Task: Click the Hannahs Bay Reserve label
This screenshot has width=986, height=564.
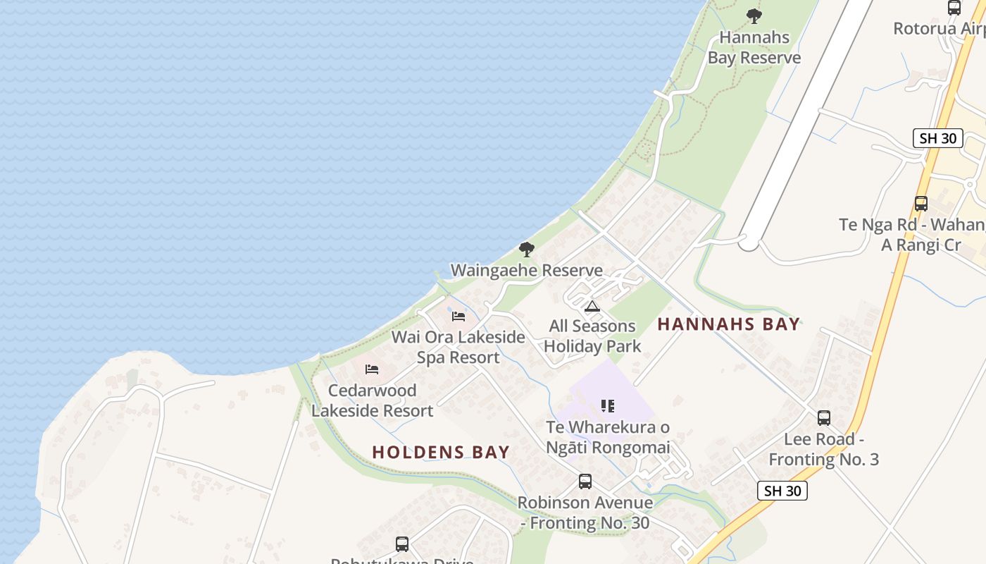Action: [x=754, y=47]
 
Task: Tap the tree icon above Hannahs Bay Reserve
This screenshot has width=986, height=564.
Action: [x=754, y=16]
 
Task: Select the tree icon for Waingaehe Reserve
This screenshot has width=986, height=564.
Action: [x=526, y=249]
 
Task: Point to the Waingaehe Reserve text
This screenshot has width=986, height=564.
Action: [x=526, y=270]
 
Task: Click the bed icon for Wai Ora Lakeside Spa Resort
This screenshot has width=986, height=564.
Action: [x=458, y=317]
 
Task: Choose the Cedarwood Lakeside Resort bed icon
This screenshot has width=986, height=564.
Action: [x=372, y=369]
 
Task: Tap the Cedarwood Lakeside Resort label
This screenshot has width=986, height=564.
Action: [x=372, y=400]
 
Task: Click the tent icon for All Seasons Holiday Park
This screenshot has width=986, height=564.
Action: [x=592, y=307]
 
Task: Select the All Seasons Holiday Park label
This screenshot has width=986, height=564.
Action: [x=592, y=336]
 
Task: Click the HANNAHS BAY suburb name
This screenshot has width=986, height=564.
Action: [x=729, y=324]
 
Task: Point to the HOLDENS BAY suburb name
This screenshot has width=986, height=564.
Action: [x=441, y=453]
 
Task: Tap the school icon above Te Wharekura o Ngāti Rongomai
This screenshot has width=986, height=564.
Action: [x=608, y=406]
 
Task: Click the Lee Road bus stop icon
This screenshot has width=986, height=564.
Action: [x=824, y=418]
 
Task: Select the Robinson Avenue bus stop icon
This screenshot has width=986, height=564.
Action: [x=585, y=482]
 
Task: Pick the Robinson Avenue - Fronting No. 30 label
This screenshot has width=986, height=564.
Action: [x=585, y=513]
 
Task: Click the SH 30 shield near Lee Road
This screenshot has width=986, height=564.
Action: [x=782, y=491]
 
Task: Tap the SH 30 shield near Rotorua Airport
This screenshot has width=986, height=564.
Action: [x=938, y=138]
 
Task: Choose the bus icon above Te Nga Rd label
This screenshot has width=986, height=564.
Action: [x=921, y=204]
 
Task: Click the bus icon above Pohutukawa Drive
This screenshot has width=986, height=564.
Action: [x=402, y=544]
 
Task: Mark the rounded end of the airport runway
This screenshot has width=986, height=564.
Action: [x=749, y=243]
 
